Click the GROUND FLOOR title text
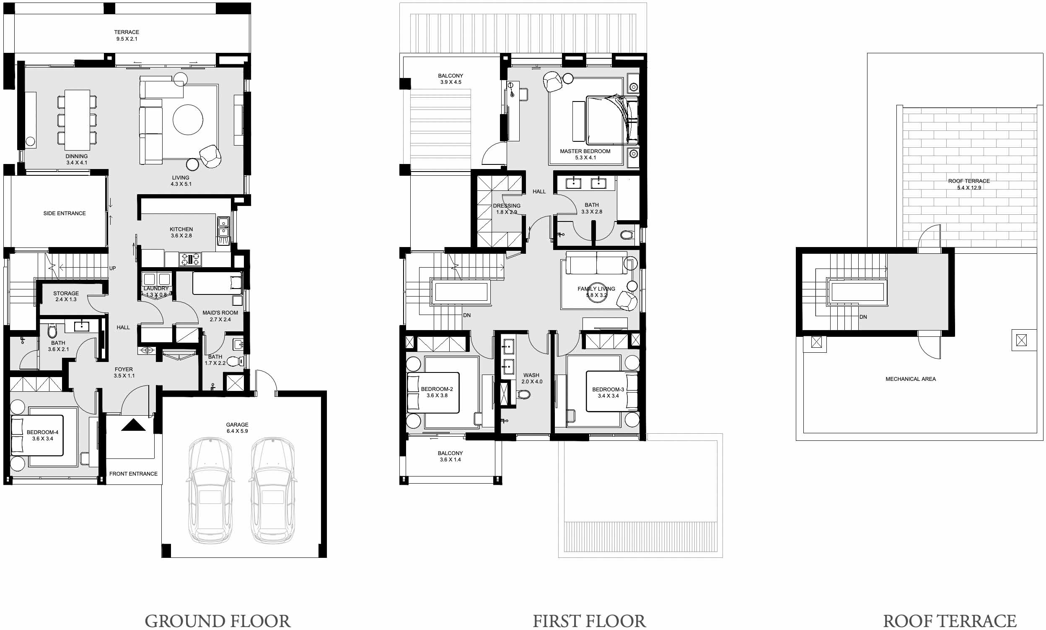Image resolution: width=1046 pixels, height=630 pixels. point(217,620)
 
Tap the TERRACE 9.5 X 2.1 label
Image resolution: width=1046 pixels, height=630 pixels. point(127,35)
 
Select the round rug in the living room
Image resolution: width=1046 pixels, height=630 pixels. point(187,120)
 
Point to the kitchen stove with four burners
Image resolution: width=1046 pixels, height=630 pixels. point(190,258)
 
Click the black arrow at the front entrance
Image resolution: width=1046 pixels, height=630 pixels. point(133,425)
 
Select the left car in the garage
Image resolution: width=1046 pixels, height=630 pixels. point(210,490)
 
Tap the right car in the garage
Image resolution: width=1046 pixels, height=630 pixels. point(272,490)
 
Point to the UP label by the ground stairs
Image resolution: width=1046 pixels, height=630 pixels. point(112,268)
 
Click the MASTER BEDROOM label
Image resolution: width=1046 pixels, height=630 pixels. point(585,151)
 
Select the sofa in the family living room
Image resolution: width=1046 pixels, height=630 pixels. point(596,263)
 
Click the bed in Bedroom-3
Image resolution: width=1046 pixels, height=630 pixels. point(611,392)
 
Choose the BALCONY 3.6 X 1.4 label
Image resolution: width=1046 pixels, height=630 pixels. point(450,456)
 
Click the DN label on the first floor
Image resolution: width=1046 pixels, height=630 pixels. point(466,315)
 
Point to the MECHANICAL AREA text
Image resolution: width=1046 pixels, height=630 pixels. point(910,379)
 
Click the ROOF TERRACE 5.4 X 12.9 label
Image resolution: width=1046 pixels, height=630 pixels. point(969,184)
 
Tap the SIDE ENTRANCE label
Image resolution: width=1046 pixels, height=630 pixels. point(65,213)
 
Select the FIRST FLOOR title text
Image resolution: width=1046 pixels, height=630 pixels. point(589,620)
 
